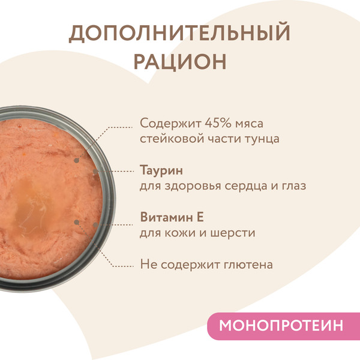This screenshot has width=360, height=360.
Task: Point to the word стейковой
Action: (x=169, y=140)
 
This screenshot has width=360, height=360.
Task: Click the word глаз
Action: (x=293, y=185)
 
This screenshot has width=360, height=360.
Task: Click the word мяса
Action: (x=247, y=123)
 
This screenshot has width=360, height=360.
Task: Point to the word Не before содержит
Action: (x=147, y=263)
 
